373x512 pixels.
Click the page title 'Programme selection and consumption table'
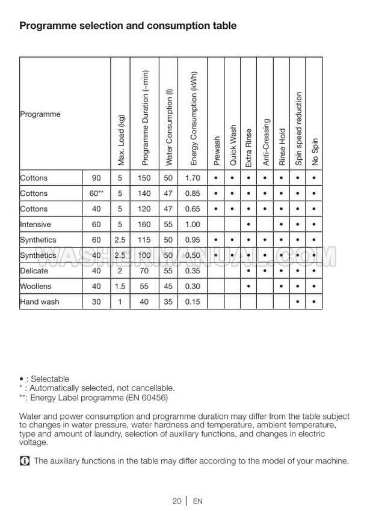(x=128, y=26)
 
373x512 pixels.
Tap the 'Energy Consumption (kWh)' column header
(x=194, y=118)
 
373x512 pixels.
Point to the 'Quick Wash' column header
(x=233, y=146)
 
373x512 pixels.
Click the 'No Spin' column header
(x=314, y=152)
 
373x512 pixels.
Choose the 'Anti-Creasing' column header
(x=266, y=142)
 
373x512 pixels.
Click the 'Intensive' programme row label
(x=35, y=225)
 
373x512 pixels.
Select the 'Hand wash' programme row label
(x=40, y=302)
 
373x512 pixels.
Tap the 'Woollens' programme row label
(x=36, y=286)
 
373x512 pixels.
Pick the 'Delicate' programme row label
(x=34, y=271)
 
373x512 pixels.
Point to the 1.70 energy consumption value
(x=193, y=178)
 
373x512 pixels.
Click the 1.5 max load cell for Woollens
(x=120, y=286)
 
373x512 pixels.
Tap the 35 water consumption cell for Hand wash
(x=168, y=302)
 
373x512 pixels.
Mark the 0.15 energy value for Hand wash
(x=193, y=302)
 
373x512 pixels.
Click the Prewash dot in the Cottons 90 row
(x=215, y=178)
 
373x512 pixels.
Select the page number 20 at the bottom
(x=176, y=501)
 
